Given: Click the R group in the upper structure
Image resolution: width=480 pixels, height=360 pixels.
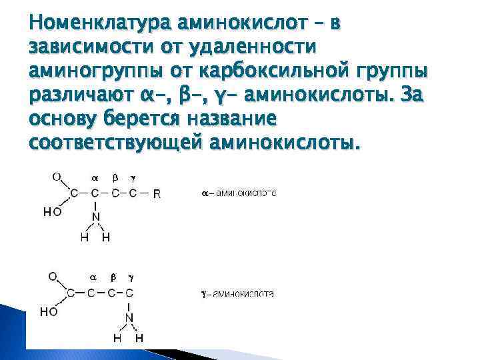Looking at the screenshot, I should pyautogui.click(x=157, y=195).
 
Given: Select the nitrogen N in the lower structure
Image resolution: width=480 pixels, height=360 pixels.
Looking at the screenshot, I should pyautogui.click(x=129, y=317).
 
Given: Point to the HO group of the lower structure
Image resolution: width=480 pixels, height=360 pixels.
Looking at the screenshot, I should pyautogui.click(x=49, y=311).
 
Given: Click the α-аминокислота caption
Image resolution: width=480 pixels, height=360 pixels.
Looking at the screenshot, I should pyautogui.click(x=239, y=194).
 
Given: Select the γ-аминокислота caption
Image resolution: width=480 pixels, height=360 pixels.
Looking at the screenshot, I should pyautogui.click(x=237, y=293).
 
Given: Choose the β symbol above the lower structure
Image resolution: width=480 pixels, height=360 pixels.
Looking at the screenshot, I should pyautogui.click(x=113, y=277).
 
